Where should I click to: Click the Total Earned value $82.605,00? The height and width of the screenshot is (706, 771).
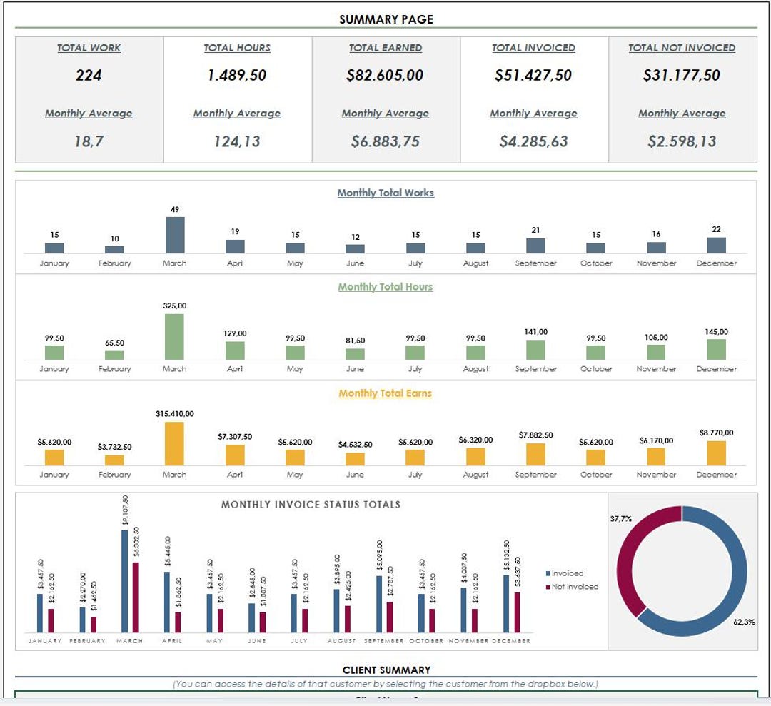point(385,75)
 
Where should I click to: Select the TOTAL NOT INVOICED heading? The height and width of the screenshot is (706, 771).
point(681,48)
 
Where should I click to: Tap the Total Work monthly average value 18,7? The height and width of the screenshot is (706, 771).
point(89,141)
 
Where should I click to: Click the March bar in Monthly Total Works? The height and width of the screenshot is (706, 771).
point(175,235)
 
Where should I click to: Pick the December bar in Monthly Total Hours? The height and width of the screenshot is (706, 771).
point(716,349)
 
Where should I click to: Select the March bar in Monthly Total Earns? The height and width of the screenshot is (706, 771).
point(175,443)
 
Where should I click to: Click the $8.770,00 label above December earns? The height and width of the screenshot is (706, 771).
point(716,433)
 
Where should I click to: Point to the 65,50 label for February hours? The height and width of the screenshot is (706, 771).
point(114,343)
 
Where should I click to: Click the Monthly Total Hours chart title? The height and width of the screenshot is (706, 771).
point(385,287)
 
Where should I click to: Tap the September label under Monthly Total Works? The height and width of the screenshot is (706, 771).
point(535,263)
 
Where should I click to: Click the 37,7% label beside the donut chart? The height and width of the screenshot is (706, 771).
point(620,519)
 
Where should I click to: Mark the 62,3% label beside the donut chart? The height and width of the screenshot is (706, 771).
point(743,622)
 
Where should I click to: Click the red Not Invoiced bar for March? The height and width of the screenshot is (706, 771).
point(136,597)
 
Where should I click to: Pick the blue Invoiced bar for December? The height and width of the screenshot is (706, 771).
point(506,603)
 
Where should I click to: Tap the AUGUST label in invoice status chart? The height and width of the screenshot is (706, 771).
point(341,641)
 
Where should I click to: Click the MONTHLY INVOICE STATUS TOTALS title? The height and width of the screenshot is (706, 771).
point(311,505)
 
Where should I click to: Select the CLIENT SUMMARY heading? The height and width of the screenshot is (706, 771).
point(386,670)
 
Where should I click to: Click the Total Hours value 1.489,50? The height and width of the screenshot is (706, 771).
point(236,75)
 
